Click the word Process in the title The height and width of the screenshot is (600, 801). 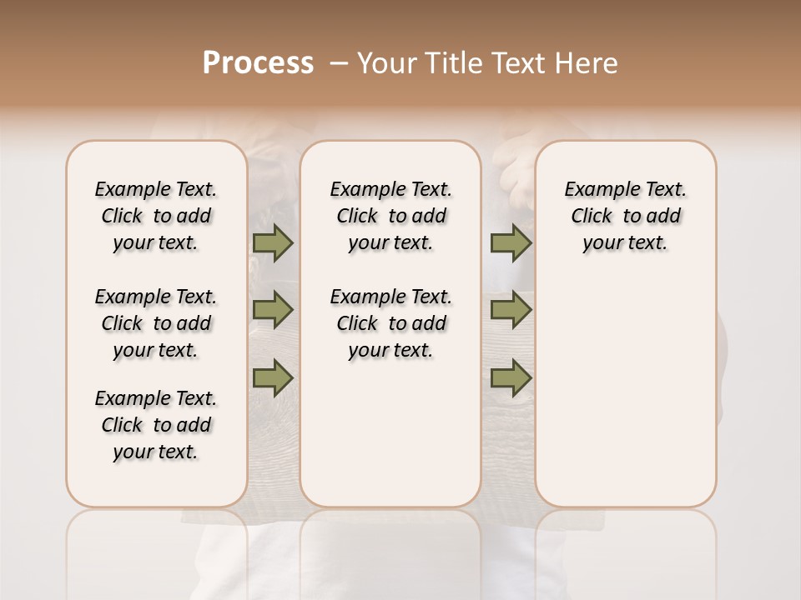[258, 63]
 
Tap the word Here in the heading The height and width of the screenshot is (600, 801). [588, 63]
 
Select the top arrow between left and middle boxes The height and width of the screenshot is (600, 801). [273, 242]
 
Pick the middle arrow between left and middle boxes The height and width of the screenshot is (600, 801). [273, 310]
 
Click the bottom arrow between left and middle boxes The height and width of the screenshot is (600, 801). [273, 377]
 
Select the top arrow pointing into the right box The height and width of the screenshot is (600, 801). [511, 242]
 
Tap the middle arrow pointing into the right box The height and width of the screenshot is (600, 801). [511, 310]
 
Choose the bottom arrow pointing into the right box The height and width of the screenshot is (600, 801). [511, 377]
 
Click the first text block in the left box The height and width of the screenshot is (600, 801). [156, 216]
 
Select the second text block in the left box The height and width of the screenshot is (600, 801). [156, 323]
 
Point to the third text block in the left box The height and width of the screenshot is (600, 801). [156, 425]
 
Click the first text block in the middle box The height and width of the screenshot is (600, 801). [390, 216]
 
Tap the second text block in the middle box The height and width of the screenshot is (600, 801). [390, 323]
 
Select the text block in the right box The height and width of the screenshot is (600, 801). [625, 216]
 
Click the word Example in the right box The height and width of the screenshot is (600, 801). [597, 190]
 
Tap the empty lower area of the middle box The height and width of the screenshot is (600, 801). [390, 433]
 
